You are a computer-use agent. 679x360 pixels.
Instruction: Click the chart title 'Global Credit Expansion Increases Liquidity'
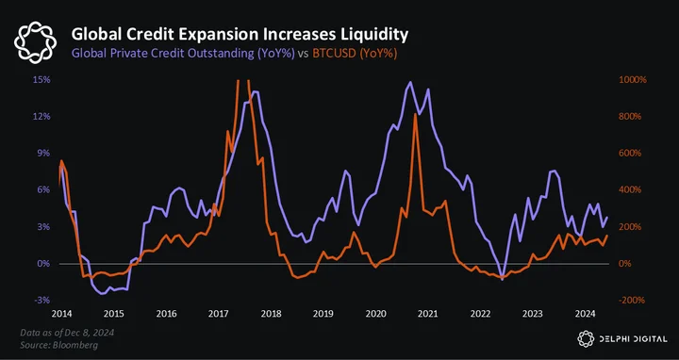[240, 34]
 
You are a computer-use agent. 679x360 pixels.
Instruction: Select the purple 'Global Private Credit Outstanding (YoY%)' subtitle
[183, 54]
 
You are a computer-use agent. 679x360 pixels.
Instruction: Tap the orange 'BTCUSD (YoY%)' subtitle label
[355, 54]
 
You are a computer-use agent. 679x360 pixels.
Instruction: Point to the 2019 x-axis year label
[323, 314]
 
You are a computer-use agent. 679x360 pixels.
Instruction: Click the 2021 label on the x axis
[428, 314]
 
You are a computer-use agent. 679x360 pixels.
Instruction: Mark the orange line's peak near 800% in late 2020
[415, 114]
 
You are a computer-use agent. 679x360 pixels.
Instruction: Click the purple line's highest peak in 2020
[409, 82]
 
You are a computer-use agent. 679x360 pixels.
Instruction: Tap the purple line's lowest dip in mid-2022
[503, 280]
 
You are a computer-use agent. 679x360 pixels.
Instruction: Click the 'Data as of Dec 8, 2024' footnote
[67, 333]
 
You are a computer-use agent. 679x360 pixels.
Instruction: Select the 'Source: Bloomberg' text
[58, 345]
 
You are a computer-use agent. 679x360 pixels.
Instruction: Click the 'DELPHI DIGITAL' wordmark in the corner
[633, 339]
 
